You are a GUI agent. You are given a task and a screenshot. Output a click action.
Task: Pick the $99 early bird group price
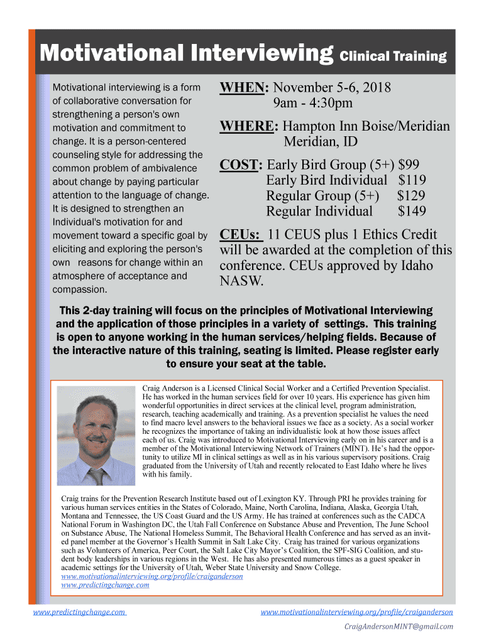pos(409,165)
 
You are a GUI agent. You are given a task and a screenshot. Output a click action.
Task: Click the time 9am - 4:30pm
pos(312,103)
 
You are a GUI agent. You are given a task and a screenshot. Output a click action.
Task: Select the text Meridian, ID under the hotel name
pos(321,142)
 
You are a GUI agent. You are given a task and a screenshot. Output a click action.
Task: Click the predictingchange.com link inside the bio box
pos(105,585)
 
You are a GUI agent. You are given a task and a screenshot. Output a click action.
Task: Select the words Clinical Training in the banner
pos(393,57)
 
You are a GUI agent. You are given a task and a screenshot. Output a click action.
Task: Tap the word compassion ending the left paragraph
pos(79,289)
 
